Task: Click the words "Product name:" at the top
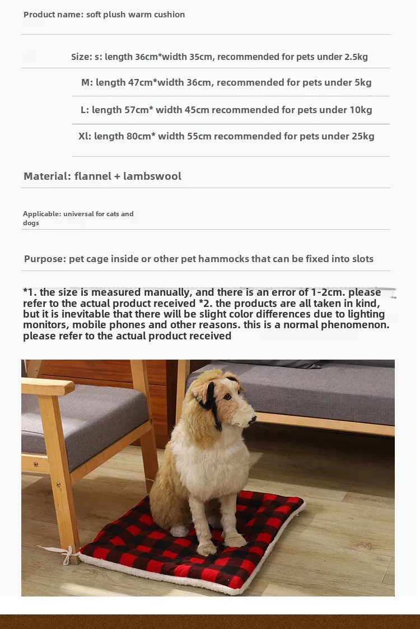click(53, 15)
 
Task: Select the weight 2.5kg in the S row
click(357, 57)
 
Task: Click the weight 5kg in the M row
click(363, 82)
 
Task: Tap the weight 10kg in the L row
click(361, 110)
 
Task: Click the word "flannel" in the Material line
click(92, 176)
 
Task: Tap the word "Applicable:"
click(42, 213)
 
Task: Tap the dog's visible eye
click(228, 397)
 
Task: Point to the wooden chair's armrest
click(48, 386)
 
